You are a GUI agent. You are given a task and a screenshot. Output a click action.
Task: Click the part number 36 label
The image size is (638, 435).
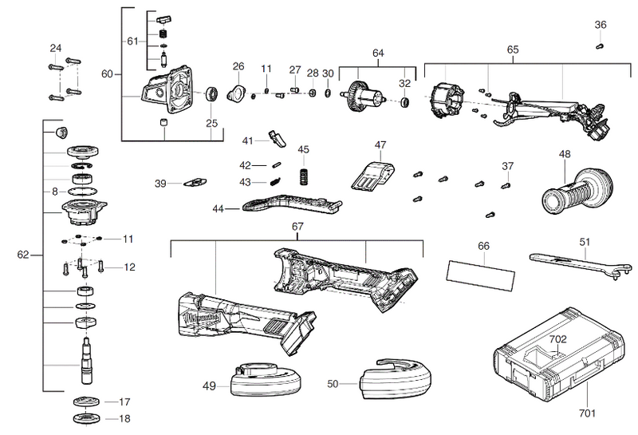(601, 25)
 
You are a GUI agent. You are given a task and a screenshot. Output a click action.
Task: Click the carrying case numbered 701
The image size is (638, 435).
(558, 359)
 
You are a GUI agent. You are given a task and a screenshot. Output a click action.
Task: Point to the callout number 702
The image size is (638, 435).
(558, 339)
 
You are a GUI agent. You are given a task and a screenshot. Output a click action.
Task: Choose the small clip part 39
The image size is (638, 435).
(195, 182)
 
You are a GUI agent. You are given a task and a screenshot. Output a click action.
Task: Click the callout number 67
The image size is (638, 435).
(297, 227)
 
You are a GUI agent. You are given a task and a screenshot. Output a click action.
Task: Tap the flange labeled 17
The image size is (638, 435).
(85, 401)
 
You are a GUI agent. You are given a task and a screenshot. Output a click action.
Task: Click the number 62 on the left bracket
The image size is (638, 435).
(24, 255)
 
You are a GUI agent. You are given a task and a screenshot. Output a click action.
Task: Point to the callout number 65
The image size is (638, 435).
(512, 49)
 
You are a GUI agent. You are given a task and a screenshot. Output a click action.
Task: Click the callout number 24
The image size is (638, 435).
(55, 48)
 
